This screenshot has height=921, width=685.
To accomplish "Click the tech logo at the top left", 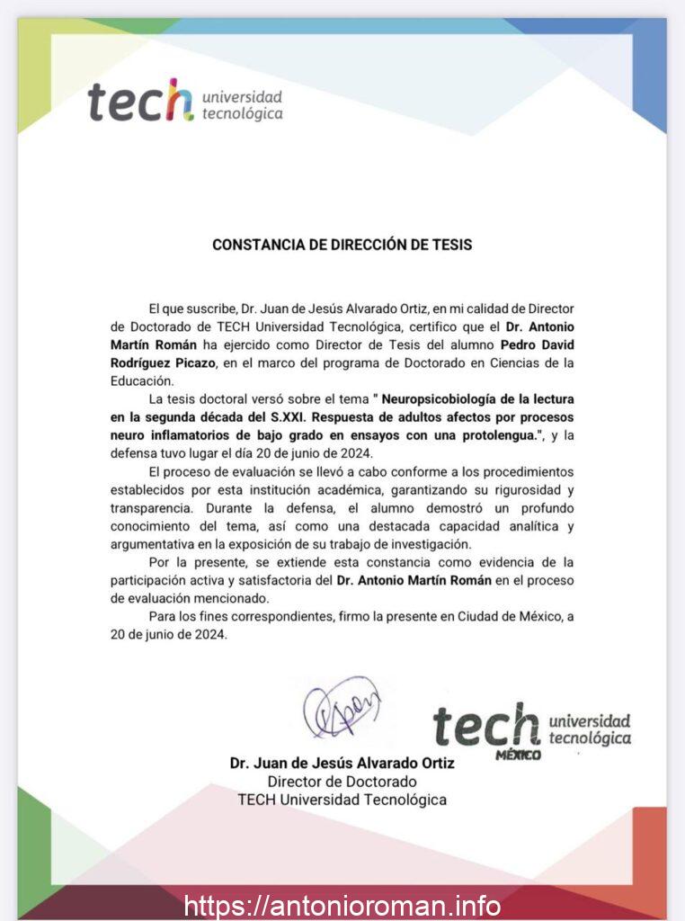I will [x=185, y=102].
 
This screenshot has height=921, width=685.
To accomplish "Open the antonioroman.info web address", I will [x=342, y=905].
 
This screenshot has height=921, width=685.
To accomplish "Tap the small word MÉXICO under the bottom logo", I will [x=519, y=754].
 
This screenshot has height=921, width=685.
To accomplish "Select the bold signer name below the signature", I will [x=342, y=764].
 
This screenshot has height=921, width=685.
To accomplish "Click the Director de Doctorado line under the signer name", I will [x=342, y=782].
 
